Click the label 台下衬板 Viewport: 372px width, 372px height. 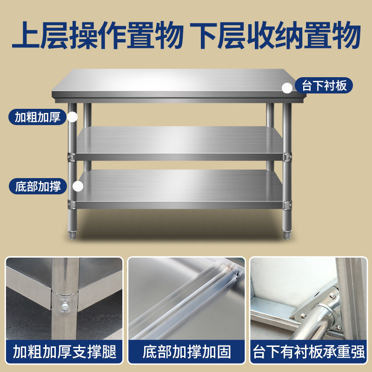[x=324, y=86]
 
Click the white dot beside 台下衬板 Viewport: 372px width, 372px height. [x=287, y=87]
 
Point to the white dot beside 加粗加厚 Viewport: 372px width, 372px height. [x=72, y=117]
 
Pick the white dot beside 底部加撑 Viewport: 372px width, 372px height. [x=78, y=186]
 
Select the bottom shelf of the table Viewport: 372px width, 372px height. [x=179, y=186]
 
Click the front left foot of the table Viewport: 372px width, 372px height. [x=72, y=235]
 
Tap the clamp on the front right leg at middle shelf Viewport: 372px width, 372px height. [x=287, y=157]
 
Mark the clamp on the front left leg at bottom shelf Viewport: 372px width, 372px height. [x=72, y=203]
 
